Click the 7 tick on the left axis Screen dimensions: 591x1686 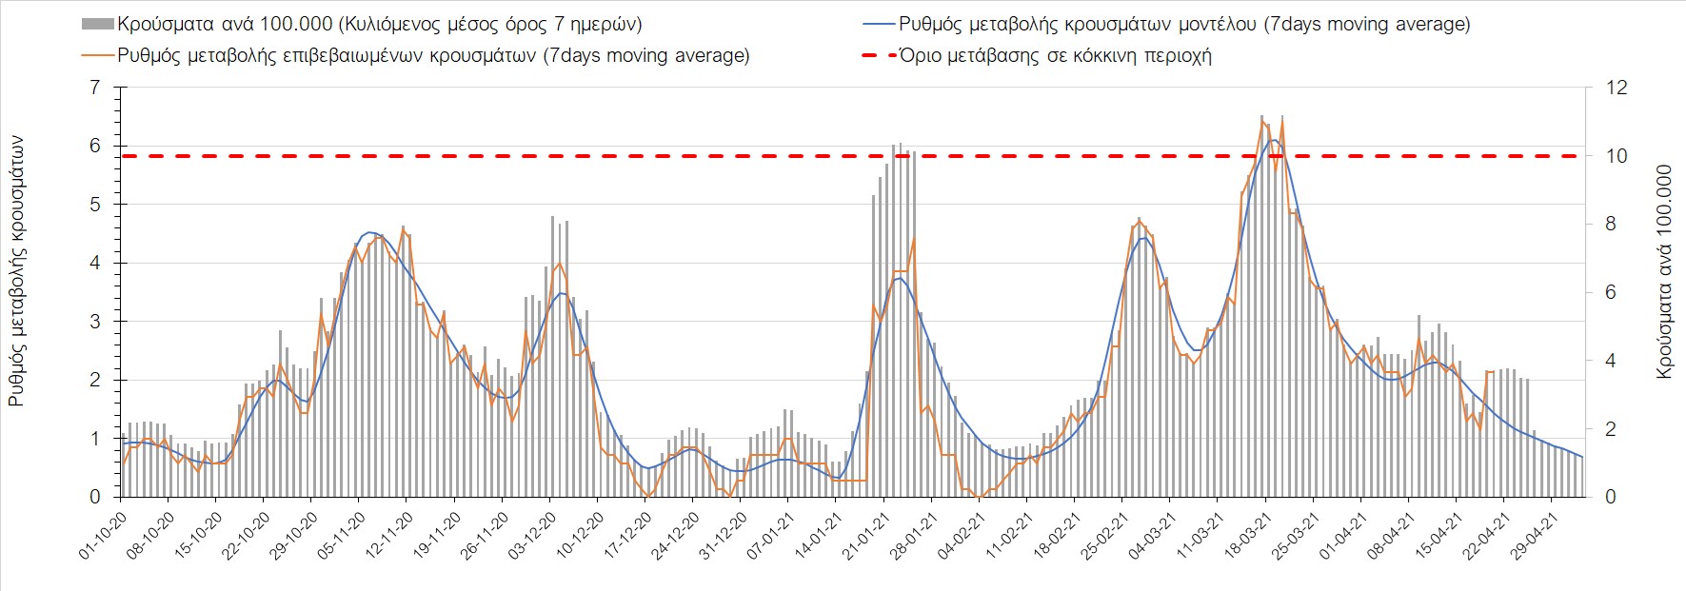point(94,88)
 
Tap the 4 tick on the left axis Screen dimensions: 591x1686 point(94,263)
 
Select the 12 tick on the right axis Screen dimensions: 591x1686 point(1617,88)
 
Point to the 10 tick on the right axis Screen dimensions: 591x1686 point(1617,156)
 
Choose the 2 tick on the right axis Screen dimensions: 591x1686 point(1611,429)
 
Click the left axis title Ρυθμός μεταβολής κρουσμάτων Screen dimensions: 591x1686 point(16,271)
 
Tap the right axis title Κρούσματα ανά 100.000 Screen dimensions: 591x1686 point(1664,272)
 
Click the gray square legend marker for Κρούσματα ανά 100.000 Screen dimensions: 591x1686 point(98,24)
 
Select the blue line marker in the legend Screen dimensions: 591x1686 point(879,24)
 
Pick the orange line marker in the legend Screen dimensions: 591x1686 point(98,55)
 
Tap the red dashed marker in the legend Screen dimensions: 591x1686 point(879,55)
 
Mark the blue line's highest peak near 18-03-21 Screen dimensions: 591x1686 point(1273,141)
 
